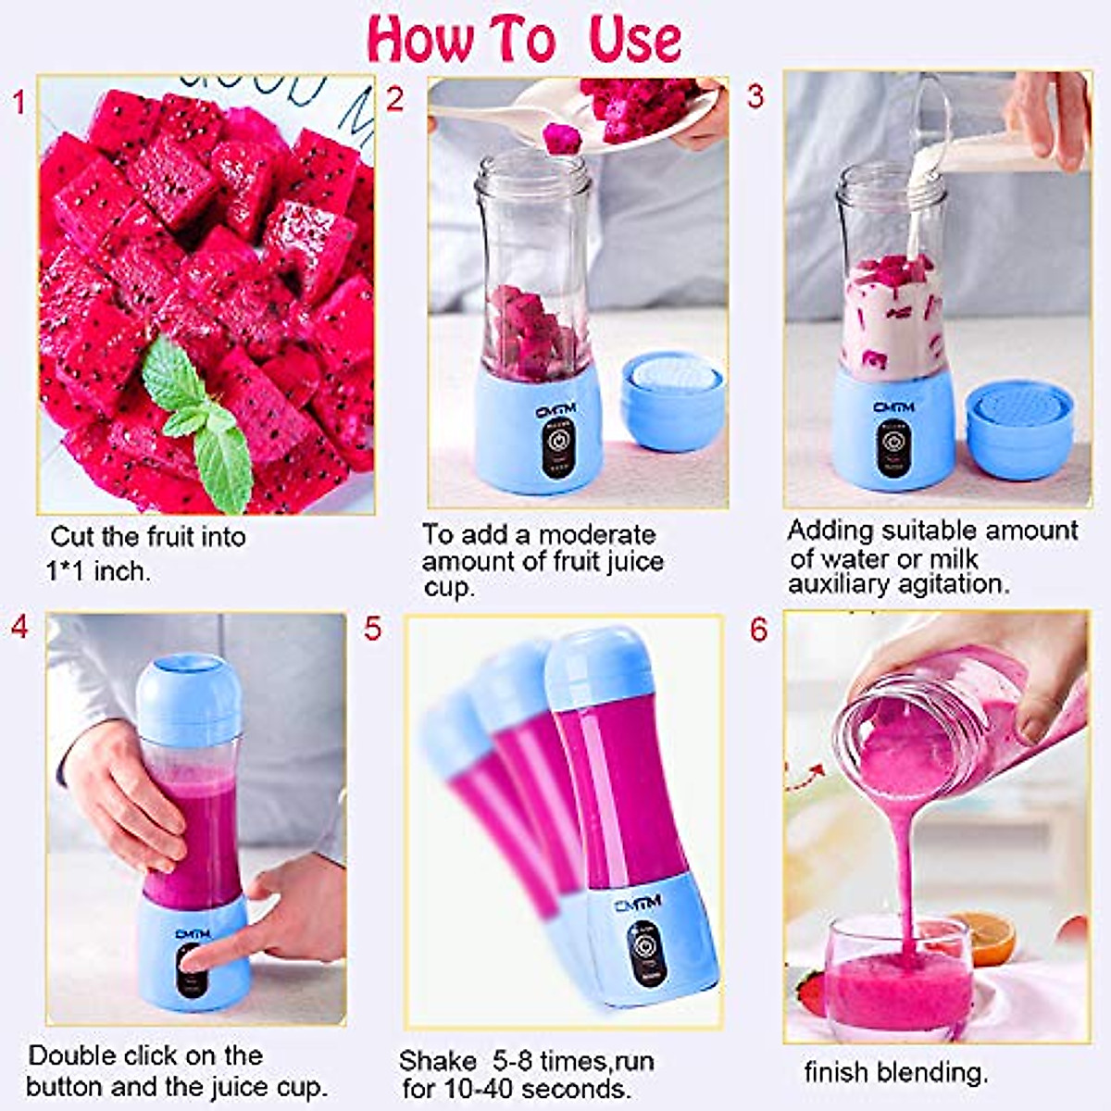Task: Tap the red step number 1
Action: click(19, 102)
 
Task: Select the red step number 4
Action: click(19, 627)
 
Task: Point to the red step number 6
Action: click(758, 630)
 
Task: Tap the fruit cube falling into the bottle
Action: click(561, 139)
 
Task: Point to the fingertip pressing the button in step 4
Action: click(193, 963)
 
